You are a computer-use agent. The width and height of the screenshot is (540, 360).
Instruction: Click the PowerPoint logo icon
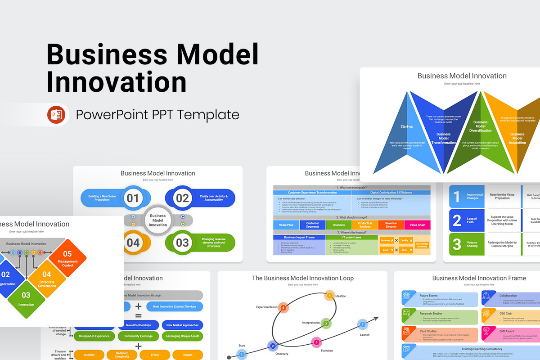56,115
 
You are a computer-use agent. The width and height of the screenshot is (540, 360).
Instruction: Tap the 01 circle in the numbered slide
133,198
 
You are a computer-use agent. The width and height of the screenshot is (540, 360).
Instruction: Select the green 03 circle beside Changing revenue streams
182,243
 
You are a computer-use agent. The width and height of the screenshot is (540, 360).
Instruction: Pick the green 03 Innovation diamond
26,299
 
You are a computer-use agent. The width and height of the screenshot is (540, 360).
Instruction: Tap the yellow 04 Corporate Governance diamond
47,279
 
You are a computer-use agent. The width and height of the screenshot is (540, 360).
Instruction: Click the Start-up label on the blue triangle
407,126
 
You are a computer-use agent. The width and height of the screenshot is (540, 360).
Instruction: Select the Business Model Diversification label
480,126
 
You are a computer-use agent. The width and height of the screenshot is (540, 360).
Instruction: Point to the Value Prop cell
286,225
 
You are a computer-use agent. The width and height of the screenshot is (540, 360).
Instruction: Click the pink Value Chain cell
417,225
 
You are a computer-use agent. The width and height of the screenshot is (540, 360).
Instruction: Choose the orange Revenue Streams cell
391,225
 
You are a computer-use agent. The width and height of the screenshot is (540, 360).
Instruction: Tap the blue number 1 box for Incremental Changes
457,197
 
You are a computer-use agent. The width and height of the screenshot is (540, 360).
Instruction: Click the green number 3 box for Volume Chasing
457,244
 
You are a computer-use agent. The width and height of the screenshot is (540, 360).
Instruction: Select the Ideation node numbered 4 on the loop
329,296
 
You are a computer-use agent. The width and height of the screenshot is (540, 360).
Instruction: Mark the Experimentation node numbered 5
283,308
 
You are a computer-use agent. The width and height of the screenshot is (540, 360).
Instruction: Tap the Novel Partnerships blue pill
138,325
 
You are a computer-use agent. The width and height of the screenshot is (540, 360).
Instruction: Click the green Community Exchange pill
138,336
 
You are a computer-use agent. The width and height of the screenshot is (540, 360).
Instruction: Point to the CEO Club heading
505,313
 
